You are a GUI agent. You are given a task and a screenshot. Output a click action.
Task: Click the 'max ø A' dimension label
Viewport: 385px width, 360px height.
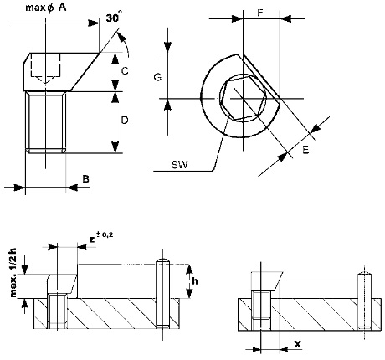(x=46, y=8)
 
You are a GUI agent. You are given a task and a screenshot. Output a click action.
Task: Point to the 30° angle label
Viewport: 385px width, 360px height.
(x=114, y=18)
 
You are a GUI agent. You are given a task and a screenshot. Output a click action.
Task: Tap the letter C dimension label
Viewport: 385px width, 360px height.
(x=125, y=71)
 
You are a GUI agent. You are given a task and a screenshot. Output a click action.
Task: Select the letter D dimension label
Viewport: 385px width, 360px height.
(x=125, y=121)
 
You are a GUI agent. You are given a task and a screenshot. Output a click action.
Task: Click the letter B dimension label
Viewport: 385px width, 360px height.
(x=85, y=178)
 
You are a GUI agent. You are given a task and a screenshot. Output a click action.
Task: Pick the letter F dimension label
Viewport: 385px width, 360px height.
(x=260, y=13)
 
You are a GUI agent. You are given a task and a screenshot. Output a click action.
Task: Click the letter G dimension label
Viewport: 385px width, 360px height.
(x=157, y=77)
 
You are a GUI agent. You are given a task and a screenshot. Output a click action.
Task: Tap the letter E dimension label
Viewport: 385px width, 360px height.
(x=305, y=150)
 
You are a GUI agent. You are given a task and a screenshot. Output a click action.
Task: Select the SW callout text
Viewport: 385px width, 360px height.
(x=180, y=165)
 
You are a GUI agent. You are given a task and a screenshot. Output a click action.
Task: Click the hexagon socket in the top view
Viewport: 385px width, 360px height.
(x=243, y=99)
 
